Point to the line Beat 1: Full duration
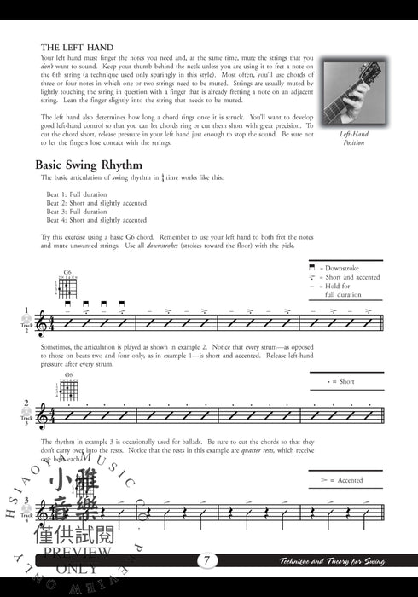[82, 195]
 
